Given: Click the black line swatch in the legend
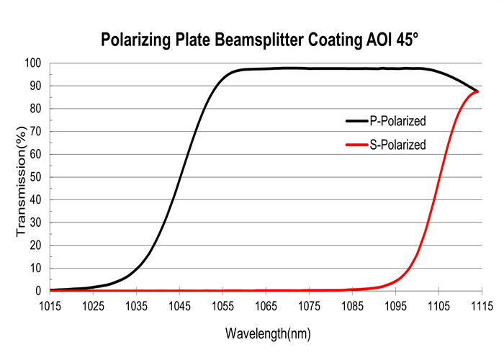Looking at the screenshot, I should (357, 120).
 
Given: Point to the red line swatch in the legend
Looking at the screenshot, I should (357, 145).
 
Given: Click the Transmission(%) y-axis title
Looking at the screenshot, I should (21, 176).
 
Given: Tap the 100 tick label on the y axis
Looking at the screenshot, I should (35, 63).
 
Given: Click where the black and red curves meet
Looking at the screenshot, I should (477, 91).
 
